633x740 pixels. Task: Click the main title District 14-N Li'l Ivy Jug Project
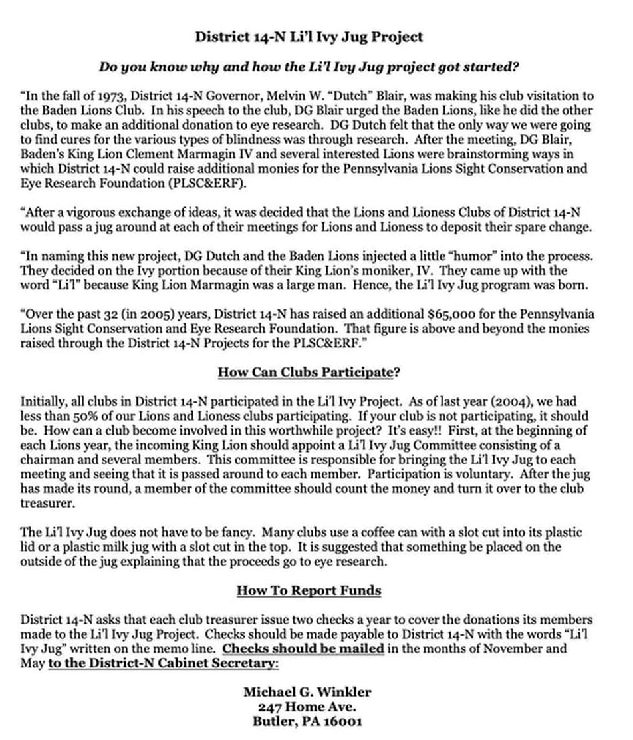pyautogui.click(x=309, y=37)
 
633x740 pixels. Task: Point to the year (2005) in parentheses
pyautogui.click(x=134, y=314)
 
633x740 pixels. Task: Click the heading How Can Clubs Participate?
pyautogui.click(x=309, y=373)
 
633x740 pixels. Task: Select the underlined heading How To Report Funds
pyautogui.click(x=309, y=590)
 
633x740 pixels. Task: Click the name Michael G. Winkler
pyautogui.click(x=308, y=693)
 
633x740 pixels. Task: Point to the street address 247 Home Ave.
pyautogui.click(x=308, y=707)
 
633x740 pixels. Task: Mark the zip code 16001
pyautogui.click(x=342, y=721)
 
